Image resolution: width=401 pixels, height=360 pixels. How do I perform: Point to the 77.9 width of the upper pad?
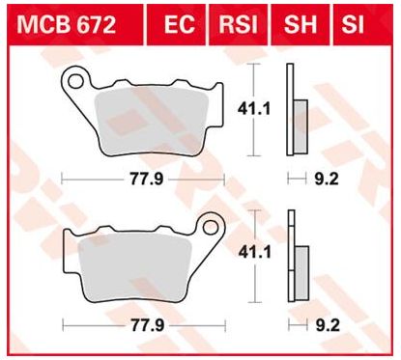(x=142, y=178)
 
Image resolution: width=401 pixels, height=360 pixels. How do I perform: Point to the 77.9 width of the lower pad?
(x=142, y=324)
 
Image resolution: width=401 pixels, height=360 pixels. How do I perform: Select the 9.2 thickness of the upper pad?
(x=326, y=178)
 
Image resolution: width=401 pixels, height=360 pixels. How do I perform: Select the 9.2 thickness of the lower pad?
(x=326, y=324)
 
